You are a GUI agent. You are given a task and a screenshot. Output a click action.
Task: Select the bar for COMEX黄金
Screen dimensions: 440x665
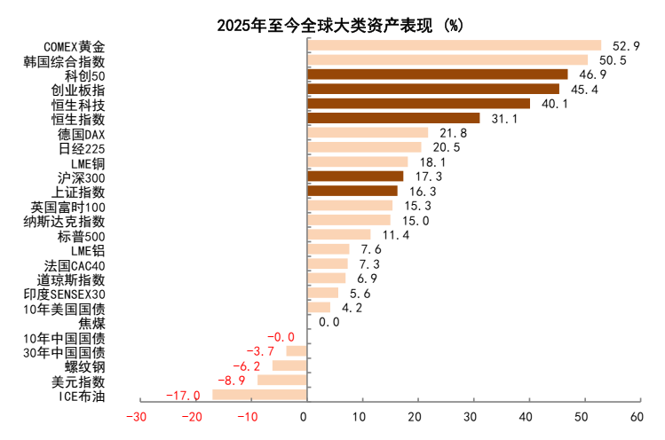point(454,46)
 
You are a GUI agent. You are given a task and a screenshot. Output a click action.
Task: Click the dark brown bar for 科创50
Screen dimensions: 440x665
point(438,75)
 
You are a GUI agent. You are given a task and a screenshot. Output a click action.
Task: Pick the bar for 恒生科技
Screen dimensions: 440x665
point(418,104)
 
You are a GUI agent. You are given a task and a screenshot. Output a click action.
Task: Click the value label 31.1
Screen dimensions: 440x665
point(505,118)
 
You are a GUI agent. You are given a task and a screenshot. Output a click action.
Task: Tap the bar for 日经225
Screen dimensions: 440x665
point(364,147)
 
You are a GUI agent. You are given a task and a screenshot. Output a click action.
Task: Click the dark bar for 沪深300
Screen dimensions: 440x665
point(355,177)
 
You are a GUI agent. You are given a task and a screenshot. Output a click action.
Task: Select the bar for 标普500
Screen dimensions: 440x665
point(338,234)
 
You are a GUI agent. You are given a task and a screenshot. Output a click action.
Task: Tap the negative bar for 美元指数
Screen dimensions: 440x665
point(281,380)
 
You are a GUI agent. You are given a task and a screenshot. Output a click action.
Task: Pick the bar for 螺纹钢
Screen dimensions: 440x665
point(289,365)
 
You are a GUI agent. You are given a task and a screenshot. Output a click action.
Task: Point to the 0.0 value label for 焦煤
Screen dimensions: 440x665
point(329,322)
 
